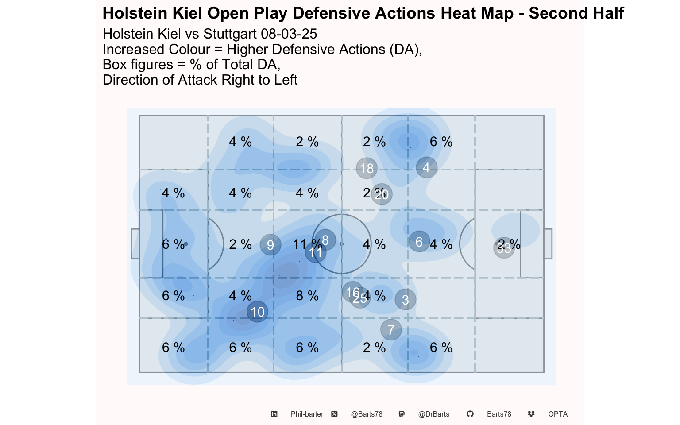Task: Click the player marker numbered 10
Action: pyautogui.click(x=257, y=312)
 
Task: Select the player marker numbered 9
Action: pyautogui.click(x=270, y=245)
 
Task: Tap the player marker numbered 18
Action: pyautogui.click(x=367, y=168)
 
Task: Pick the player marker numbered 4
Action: pyautogui.click(x=426, y=167)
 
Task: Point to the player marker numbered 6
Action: pyautogui.click(x=419, y=242)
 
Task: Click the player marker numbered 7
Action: pyautogui.click(x=391, y=330)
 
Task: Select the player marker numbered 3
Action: pyautogui.click(x=405, y=300)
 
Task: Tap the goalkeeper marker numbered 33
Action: pyautogui.click(x=504, y=248)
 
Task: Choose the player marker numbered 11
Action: pyautogui.click(x=316, y=253)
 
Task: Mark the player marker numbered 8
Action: pyautogui.click(x=325, y=240)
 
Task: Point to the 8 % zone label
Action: pyautogui.click(x=307, y=296)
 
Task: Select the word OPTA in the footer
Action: pyautogui.click(x=558, y=414)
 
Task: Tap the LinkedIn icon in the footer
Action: pyautogui.click(x=274, y=414)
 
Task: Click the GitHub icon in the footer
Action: pyautogui.click(x=470, y=414)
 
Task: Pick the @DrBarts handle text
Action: pyautogui.click(x=433, y=414)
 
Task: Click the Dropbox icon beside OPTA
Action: pyautogui.click(x=531, y=414)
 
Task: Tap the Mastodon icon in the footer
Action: pyautogui.click(x=402, y=414)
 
